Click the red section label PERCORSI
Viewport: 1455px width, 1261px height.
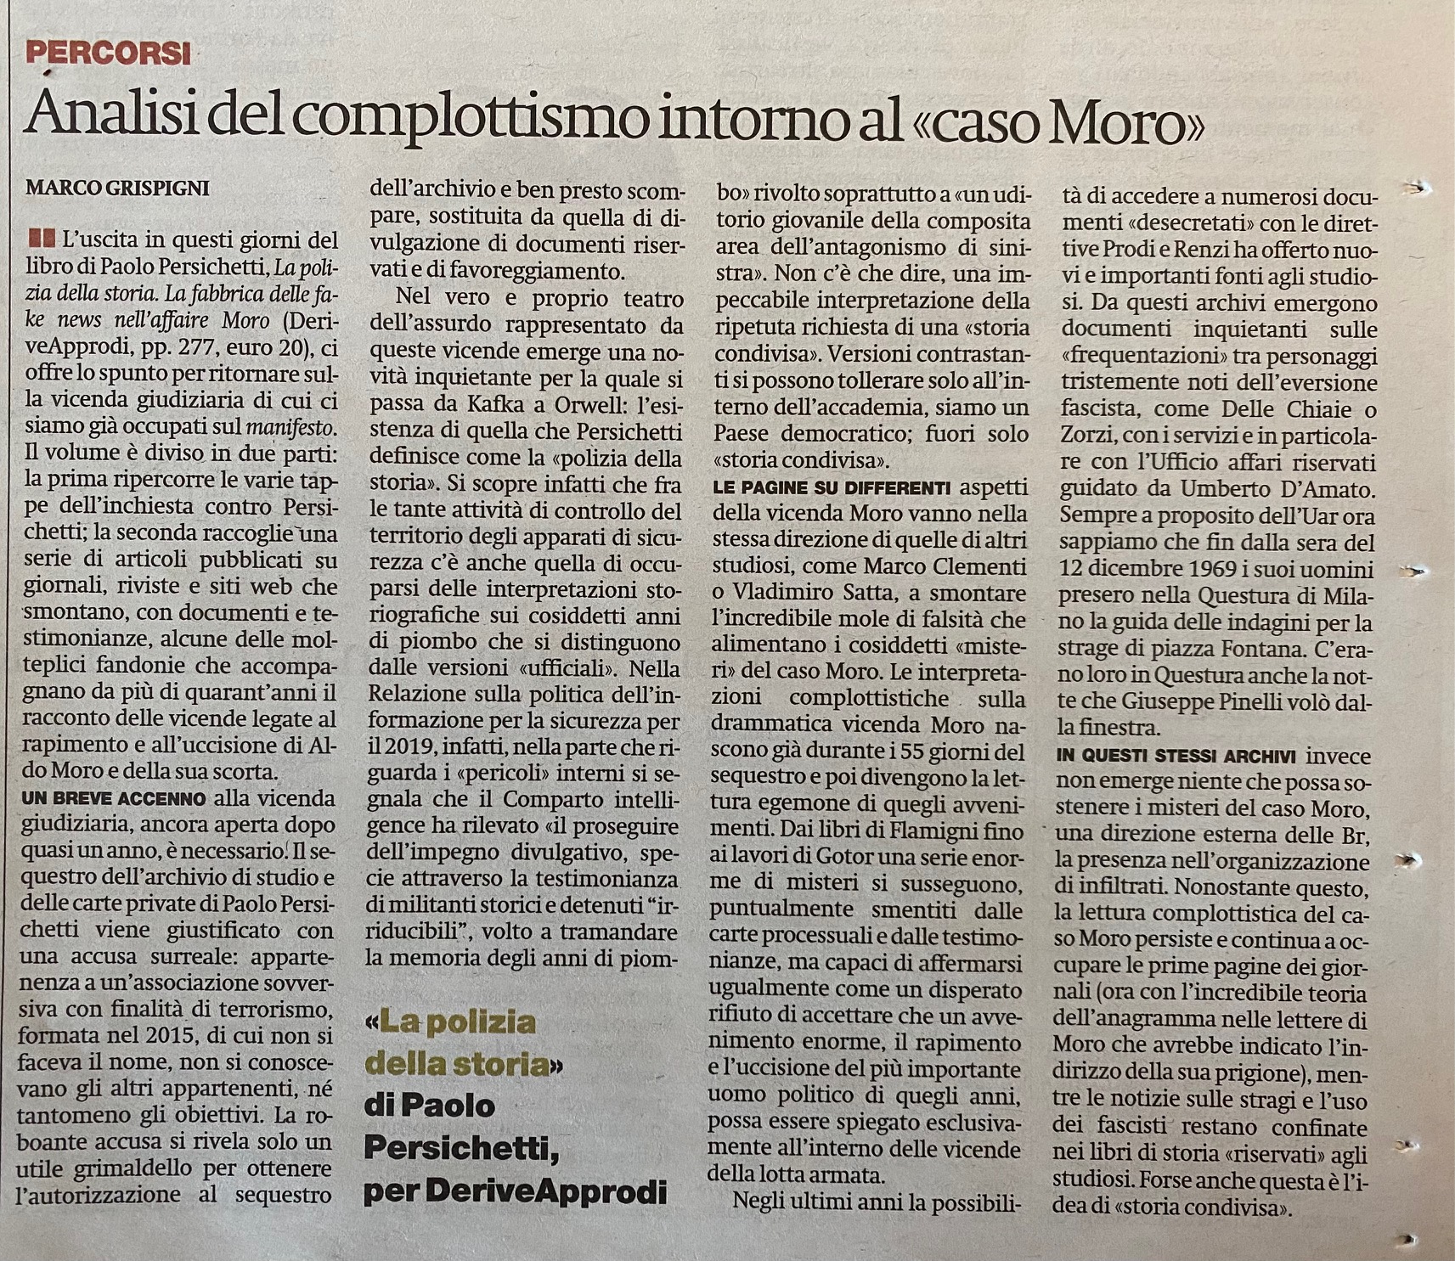point(108,53)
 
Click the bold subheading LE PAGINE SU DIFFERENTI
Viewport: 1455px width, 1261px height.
point(832,488)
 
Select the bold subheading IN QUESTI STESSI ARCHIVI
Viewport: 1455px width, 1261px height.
point(1176,755)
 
